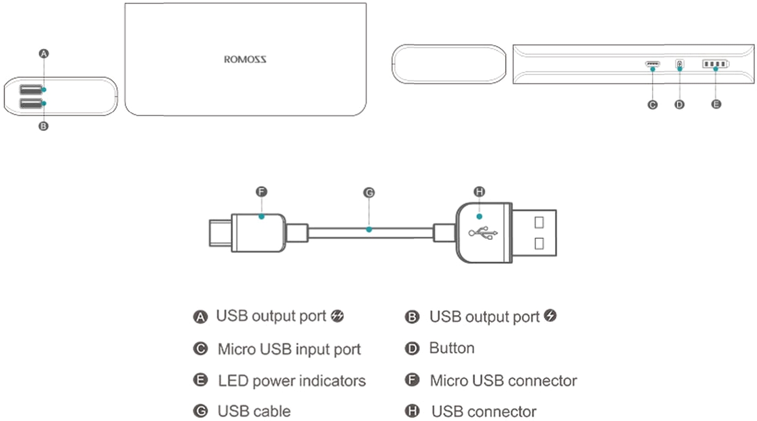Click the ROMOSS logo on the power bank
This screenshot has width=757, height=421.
(x=245, y=60)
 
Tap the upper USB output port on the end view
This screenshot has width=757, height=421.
(x=31, y=90)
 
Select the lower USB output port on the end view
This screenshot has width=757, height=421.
(x=31, y=103)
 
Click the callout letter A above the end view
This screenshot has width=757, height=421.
(x=44, y=54)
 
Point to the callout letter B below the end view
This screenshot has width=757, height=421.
(x=43, y=127)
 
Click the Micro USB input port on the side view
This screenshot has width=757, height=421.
(x=653, y=64)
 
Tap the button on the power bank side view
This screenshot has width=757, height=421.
(x=680, y=64)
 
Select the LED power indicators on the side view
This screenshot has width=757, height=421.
(x=715, y=64)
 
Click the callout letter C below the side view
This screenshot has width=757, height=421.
(x=653, y=105)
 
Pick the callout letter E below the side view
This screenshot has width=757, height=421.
(x=716, y=104)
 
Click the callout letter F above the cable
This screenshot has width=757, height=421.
(x=262, y=192)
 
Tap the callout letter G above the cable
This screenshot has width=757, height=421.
(x=369, y=193)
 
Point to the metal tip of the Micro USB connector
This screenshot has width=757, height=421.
(x=220, y=233)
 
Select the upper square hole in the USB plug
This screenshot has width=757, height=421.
(x=539, y=223)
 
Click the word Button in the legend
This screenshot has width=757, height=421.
(x=451, y=348)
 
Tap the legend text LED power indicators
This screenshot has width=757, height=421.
(x=292, y=381)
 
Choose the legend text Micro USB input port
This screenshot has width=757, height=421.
(x=289, y=349)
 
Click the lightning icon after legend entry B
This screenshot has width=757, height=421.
(x=551, y=316)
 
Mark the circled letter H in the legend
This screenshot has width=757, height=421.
(x=412, y=411)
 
